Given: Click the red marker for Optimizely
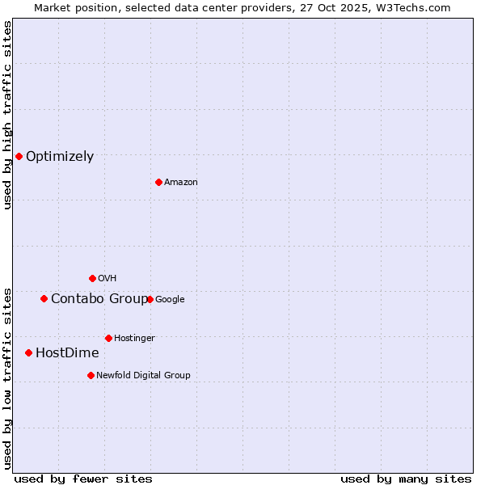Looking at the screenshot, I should pos(19,156).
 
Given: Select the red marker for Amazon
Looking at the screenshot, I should pos(158,182).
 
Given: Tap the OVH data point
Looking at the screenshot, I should pos(92,278).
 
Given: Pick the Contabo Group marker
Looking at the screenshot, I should pos(44,298).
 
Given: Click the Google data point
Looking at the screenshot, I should pos(150,299).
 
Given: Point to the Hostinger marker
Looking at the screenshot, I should pos(108,338).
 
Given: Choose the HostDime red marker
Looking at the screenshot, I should pos(28,352).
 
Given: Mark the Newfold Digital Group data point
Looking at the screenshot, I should pos(91,375).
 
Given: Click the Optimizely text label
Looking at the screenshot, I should pos(60,157).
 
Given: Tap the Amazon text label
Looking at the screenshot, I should pos(181,183).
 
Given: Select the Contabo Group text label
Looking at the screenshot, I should pos(99,299).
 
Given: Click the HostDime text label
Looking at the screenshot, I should pos(67,353).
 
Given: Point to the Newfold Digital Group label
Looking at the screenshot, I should pos(143,375).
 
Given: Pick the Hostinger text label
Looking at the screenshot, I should pos(134,338).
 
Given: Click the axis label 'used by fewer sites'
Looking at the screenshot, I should pos(83,479).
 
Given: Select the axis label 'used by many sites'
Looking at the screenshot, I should pos(406,479).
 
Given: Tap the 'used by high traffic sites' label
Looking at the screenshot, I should pos(7,115).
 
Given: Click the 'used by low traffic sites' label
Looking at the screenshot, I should pos(7,377).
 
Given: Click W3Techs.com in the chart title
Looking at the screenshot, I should pos(416,7).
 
